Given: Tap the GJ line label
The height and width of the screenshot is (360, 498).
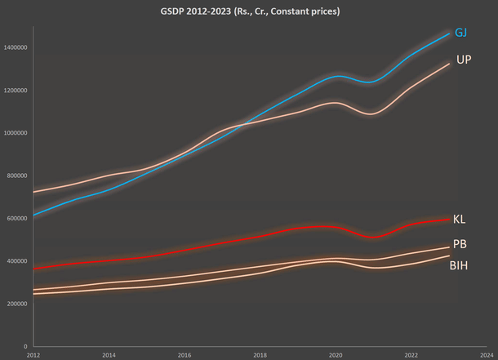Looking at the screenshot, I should [x=461, y=33].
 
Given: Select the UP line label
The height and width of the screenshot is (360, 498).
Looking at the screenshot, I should [x=464, y=60].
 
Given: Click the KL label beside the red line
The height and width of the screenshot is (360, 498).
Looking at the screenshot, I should [x=459, y=219].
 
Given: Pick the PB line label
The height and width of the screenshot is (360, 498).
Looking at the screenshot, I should [x=460, y=244].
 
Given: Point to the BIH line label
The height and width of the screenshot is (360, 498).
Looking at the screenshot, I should [x=459, y=265].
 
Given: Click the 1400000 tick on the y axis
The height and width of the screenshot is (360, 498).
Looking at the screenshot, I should [x=16, y=47].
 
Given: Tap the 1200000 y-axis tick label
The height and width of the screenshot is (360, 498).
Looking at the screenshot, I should [x=16, y=90].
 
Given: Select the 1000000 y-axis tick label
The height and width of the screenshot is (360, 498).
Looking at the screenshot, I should [x=16, y=132].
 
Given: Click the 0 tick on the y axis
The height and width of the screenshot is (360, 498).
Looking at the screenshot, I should [x=26, y=346].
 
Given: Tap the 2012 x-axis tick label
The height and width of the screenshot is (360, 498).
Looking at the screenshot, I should [x=33, y=355].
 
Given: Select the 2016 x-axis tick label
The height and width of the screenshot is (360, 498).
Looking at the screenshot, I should [x=184, y=355].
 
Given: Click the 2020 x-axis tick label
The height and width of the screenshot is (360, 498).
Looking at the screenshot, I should [x=335, y=355].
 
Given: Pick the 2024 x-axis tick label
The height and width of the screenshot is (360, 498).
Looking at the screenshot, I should [x=487, y=355].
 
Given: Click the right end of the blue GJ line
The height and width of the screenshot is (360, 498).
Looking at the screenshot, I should [x=449, y=33].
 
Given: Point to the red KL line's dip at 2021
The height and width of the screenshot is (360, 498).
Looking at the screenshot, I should [x=373, y=237].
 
